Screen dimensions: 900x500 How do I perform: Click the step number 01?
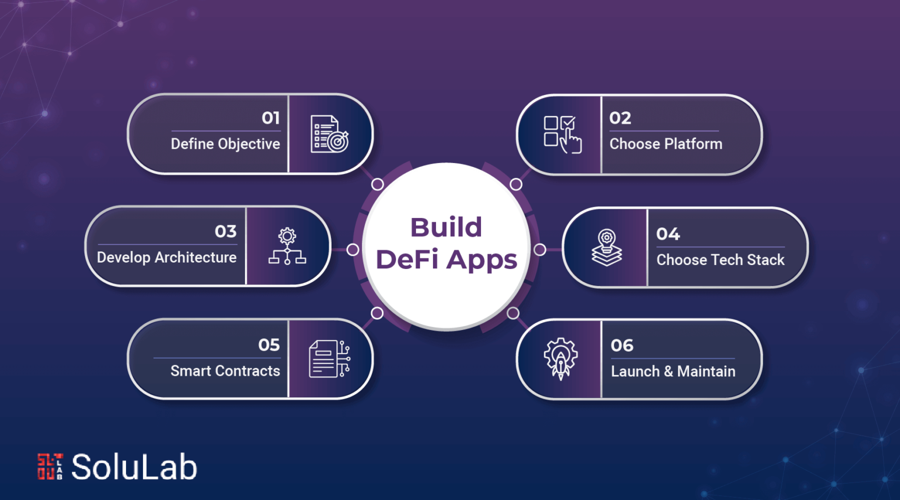(x=270, y=118)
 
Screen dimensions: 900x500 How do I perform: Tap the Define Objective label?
(x=226, y=144)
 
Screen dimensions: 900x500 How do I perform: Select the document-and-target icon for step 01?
(x=329, y=134)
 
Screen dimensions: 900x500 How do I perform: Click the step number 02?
(x=620, y=118)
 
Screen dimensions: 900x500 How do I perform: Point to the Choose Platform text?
(x=666, y=144)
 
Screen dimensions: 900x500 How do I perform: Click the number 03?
(x=226, y=232)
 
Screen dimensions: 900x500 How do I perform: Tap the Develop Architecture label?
(x=167, y=257)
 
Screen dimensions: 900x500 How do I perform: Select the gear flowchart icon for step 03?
(x=287, y=246)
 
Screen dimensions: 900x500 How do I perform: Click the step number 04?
(x=668, y=234)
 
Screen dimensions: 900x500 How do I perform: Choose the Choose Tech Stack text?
(x=720, y=260)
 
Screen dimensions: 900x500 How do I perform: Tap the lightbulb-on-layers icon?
(x=606, y=247)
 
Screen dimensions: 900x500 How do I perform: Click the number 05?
(x=269, y=345)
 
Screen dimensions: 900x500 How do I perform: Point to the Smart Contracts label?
(x=226, y=370)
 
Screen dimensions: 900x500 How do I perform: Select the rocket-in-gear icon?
(x=561, y=359)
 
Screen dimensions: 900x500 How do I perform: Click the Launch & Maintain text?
(x=673, y=372)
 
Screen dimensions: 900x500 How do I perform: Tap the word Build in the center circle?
(x=446, y=227)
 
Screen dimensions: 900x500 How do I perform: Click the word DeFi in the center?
(x=407, y=259)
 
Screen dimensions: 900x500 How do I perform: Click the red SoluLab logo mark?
(x=50, y=467)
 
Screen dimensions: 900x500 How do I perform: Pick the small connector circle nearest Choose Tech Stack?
(x=540, y=250)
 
